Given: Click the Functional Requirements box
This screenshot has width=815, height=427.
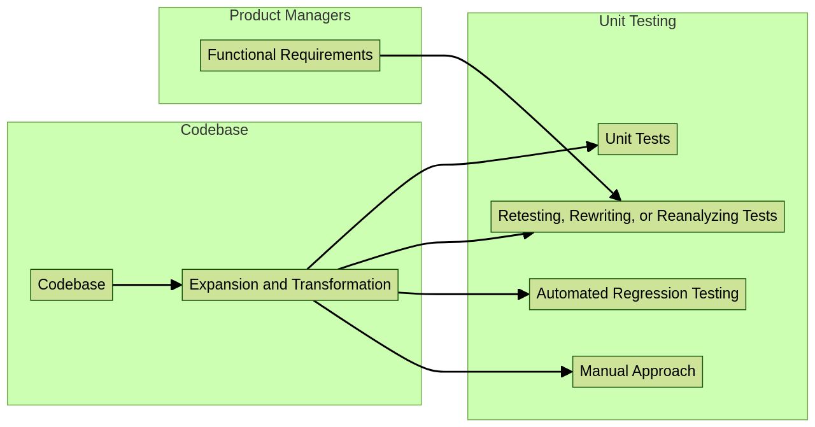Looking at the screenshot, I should (290, 55).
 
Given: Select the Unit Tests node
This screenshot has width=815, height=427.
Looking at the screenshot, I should (637, 139).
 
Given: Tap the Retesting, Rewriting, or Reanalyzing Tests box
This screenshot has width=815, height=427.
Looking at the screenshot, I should (637, 216).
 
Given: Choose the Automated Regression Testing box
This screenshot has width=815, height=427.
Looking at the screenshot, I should (637, 294).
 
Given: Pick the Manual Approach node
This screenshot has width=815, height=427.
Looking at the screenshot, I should (637, 372).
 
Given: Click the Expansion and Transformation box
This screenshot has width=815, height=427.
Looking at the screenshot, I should (290, 285).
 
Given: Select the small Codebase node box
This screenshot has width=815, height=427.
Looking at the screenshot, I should (71, 285).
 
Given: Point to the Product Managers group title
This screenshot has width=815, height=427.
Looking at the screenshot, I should (290, 15).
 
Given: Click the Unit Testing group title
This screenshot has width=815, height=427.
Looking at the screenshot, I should (637, 21).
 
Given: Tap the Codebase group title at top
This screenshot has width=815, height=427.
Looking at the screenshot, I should (214, 130).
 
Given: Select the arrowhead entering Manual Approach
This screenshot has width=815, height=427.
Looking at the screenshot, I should (567, 372).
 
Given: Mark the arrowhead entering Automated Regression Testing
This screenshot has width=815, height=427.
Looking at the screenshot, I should (523, 294).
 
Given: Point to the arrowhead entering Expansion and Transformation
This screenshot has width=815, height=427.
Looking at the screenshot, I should (176, 285).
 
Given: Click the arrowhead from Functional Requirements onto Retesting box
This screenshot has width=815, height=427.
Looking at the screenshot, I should (615, 195).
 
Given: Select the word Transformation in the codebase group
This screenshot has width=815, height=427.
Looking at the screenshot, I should (341, 285).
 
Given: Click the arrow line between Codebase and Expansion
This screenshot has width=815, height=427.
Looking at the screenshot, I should (143, 285).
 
